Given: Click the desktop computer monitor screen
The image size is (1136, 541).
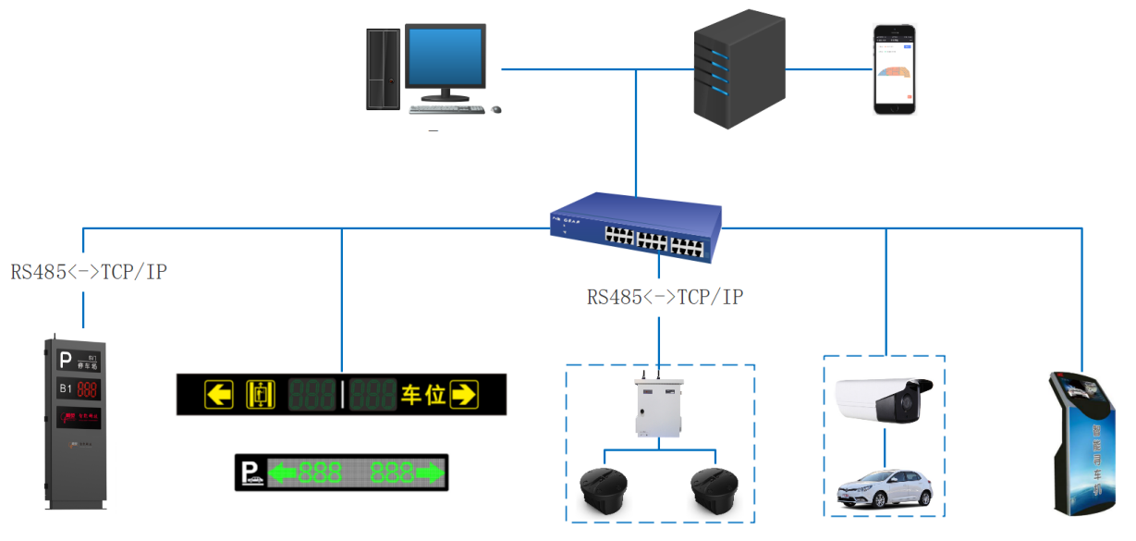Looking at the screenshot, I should pos(446,57).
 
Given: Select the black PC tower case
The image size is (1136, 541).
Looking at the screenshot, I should pos(382,68).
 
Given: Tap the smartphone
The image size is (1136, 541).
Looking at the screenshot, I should pos(895,69).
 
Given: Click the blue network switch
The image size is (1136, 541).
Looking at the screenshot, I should pos(637,227).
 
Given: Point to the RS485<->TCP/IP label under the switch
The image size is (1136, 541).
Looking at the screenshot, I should pos(666,297).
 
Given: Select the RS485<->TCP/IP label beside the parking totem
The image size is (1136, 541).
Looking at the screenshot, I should pos(89,272).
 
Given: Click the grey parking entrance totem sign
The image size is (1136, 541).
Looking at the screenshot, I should pos(74,421).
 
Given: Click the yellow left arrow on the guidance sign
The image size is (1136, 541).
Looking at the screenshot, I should pos(218,395).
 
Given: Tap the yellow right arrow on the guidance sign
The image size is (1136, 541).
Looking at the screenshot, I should pos(463,395).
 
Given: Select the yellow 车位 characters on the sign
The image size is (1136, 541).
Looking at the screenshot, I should pos(423,395).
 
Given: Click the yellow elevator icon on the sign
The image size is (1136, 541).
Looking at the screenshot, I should pos(261,395).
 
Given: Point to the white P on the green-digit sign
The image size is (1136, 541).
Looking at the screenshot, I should pos(249,473).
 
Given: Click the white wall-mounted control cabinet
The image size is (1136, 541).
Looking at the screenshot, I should pos(658,406).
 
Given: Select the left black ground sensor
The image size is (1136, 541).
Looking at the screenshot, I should pos(603,491).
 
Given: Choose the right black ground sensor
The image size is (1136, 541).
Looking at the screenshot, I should pos(715,491).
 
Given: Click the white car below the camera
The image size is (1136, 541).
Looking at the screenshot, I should pos(883,487).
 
